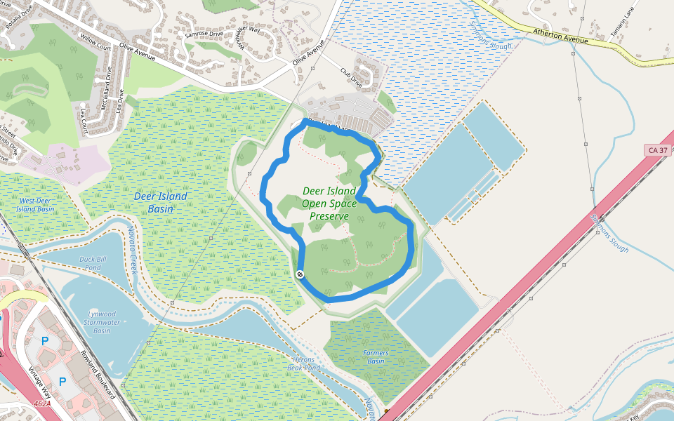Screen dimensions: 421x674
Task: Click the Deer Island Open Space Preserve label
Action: pos(329,203)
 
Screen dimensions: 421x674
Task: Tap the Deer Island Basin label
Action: pos(161,201)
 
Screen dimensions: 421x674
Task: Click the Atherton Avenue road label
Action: pos(560,36)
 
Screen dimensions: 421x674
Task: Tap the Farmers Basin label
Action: pos(376,357)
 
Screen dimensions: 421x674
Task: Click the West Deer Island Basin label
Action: pos(35,205)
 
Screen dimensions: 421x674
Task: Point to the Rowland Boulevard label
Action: pos(98,375)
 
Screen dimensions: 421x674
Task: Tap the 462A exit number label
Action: pos(42,403)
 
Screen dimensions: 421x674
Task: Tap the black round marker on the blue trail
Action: pos(300,274)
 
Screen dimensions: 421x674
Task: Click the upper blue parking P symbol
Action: pos(46,341)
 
